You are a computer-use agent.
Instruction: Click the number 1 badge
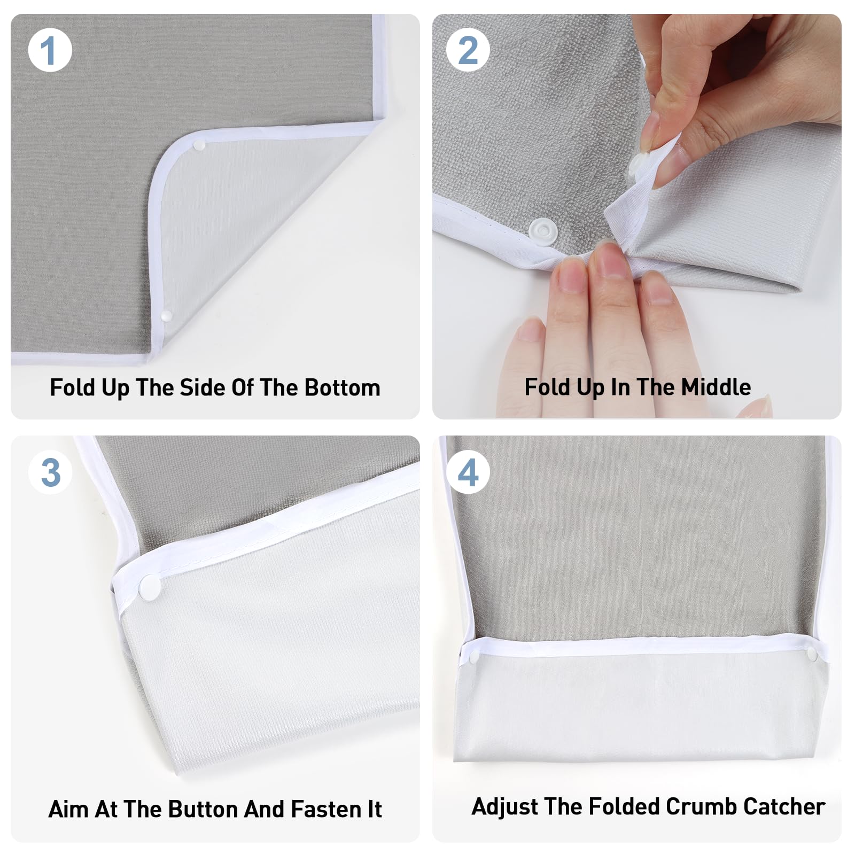click(x=50, y=50)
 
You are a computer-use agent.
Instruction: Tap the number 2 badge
click(x=468, y=50)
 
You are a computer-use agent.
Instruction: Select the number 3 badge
click(x=50, y=472)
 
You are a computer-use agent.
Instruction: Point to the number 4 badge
click(x=468, y=472)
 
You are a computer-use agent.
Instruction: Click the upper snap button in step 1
click(x=199, y=144)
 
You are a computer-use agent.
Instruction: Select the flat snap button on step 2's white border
click(x=542, y=231)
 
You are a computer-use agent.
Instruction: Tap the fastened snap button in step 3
click(x=150, y=587)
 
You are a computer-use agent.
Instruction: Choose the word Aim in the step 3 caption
click(x=69, y=809)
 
